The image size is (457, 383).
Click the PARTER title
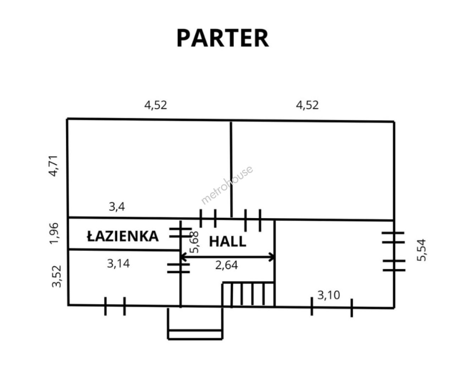(x=222, y=38)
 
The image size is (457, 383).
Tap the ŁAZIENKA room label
(x=123, y=236)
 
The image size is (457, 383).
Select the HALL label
(x=227, y=242)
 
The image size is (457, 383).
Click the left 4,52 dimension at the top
(x=155, y=105)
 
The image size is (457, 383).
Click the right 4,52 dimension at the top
(x=307, y=105)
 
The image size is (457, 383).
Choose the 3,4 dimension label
(x=117, y=206)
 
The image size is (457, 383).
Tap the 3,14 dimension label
(x=118, y=263)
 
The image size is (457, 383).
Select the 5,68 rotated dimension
(x=194, y=242)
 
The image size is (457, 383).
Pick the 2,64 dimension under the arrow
(x=226, y=265)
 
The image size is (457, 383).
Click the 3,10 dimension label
(x=329, y=295)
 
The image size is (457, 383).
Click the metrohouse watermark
(x=227, y=185)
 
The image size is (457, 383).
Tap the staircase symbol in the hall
(x=248, y=294)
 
